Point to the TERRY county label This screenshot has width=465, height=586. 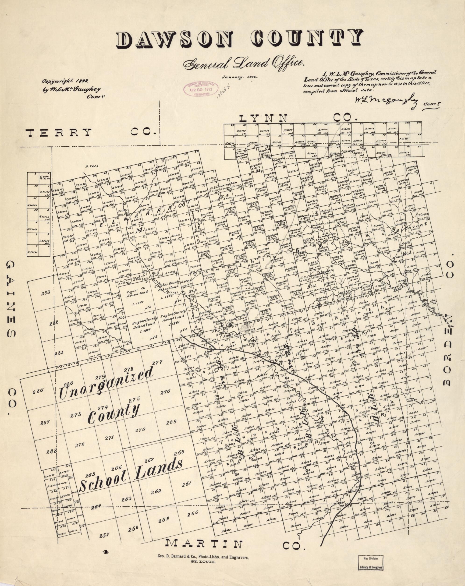[59, 132]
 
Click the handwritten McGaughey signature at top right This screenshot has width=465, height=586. [386, 101]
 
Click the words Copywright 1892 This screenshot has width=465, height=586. [65, 81]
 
